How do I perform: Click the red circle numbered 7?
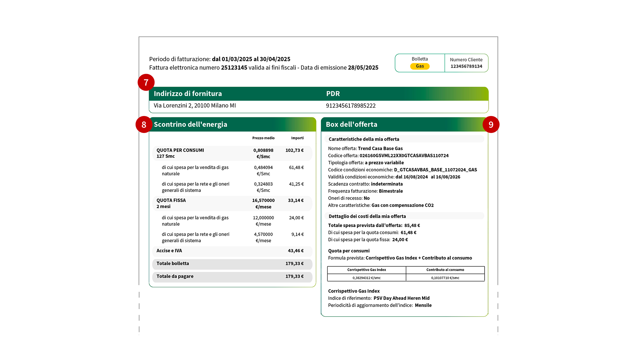146,82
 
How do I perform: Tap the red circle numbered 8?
144,124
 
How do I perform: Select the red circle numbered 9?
491,124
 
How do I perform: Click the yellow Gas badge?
420,66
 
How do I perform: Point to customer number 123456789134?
466,66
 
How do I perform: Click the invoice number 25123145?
234,68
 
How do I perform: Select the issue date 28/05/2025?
363,68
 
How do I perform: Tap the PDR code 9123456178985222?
351,106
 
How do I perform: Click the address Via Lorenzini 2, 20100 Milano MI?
195,106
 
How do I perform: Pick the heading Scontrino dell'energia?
190,124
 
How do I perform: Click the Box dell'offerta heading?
351,124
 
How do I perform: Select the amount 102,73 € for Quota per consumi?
294,150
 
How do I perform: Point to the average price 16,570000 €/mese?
263,203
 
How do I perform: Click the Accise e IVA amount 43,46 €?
296,251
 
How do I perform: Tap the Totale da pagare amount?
294,276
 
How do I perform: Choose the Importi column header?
297,138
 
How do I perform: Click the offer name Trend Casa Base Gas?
380,149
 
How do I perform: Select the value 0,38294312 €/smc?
366,278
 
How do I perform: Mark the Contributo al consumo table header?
445,270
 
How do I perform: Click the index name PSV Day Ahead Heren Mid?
401,298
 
